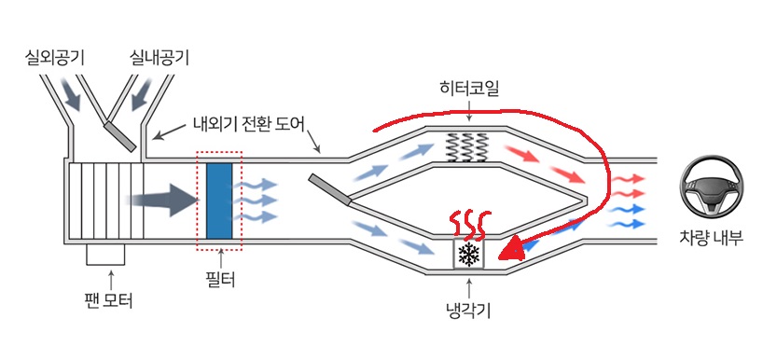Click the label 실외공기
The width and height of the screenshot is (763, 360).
point(54,59)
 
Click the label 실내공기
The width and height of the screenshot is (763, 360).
point(160,59)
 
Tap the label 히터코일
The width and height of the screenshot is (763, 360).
point(468,89)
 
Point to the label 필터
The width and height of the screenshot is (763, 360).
point(220,279)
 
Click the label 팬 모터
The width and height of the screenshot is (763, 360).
point(108,300)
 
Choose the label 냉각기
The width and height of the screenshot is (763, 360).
point(467,310)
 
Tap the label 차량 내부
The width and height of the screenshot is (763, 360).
point(712,239)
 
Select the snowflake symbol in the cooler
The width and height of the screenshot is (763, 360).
point(469,254)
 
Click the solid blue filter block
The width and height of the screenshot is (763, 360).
point(219,201)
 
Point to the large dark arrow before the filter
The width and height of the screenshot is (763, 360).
point(162,200)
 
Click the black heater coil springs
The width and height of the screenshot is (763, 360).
point(467,147)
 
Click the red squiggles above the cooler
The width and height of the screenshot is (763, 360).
point(469,227)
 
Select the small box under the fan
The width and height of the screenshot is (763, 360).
point(105,255)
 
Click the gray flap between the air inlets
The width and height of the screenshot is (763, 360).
point(119,136)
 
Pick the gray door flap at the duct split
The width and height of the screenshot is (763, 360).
point(329,189)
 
